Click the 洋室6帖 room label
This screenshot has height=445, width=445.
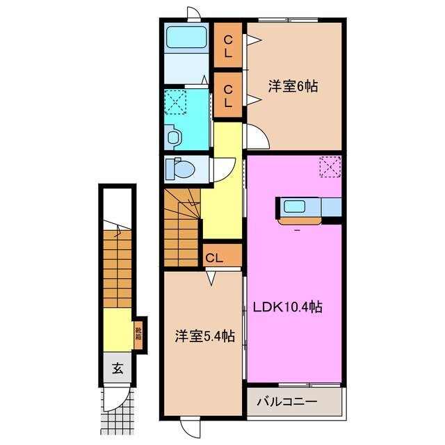(x=293, y=88)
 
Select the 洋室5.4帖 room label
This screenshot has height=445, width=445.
(x=204, y=336)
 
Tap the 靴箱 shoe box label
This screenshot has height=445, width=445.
(x=139, y=336)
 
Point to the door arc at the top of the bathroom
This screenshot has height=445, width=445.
(x=191, y=15)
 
